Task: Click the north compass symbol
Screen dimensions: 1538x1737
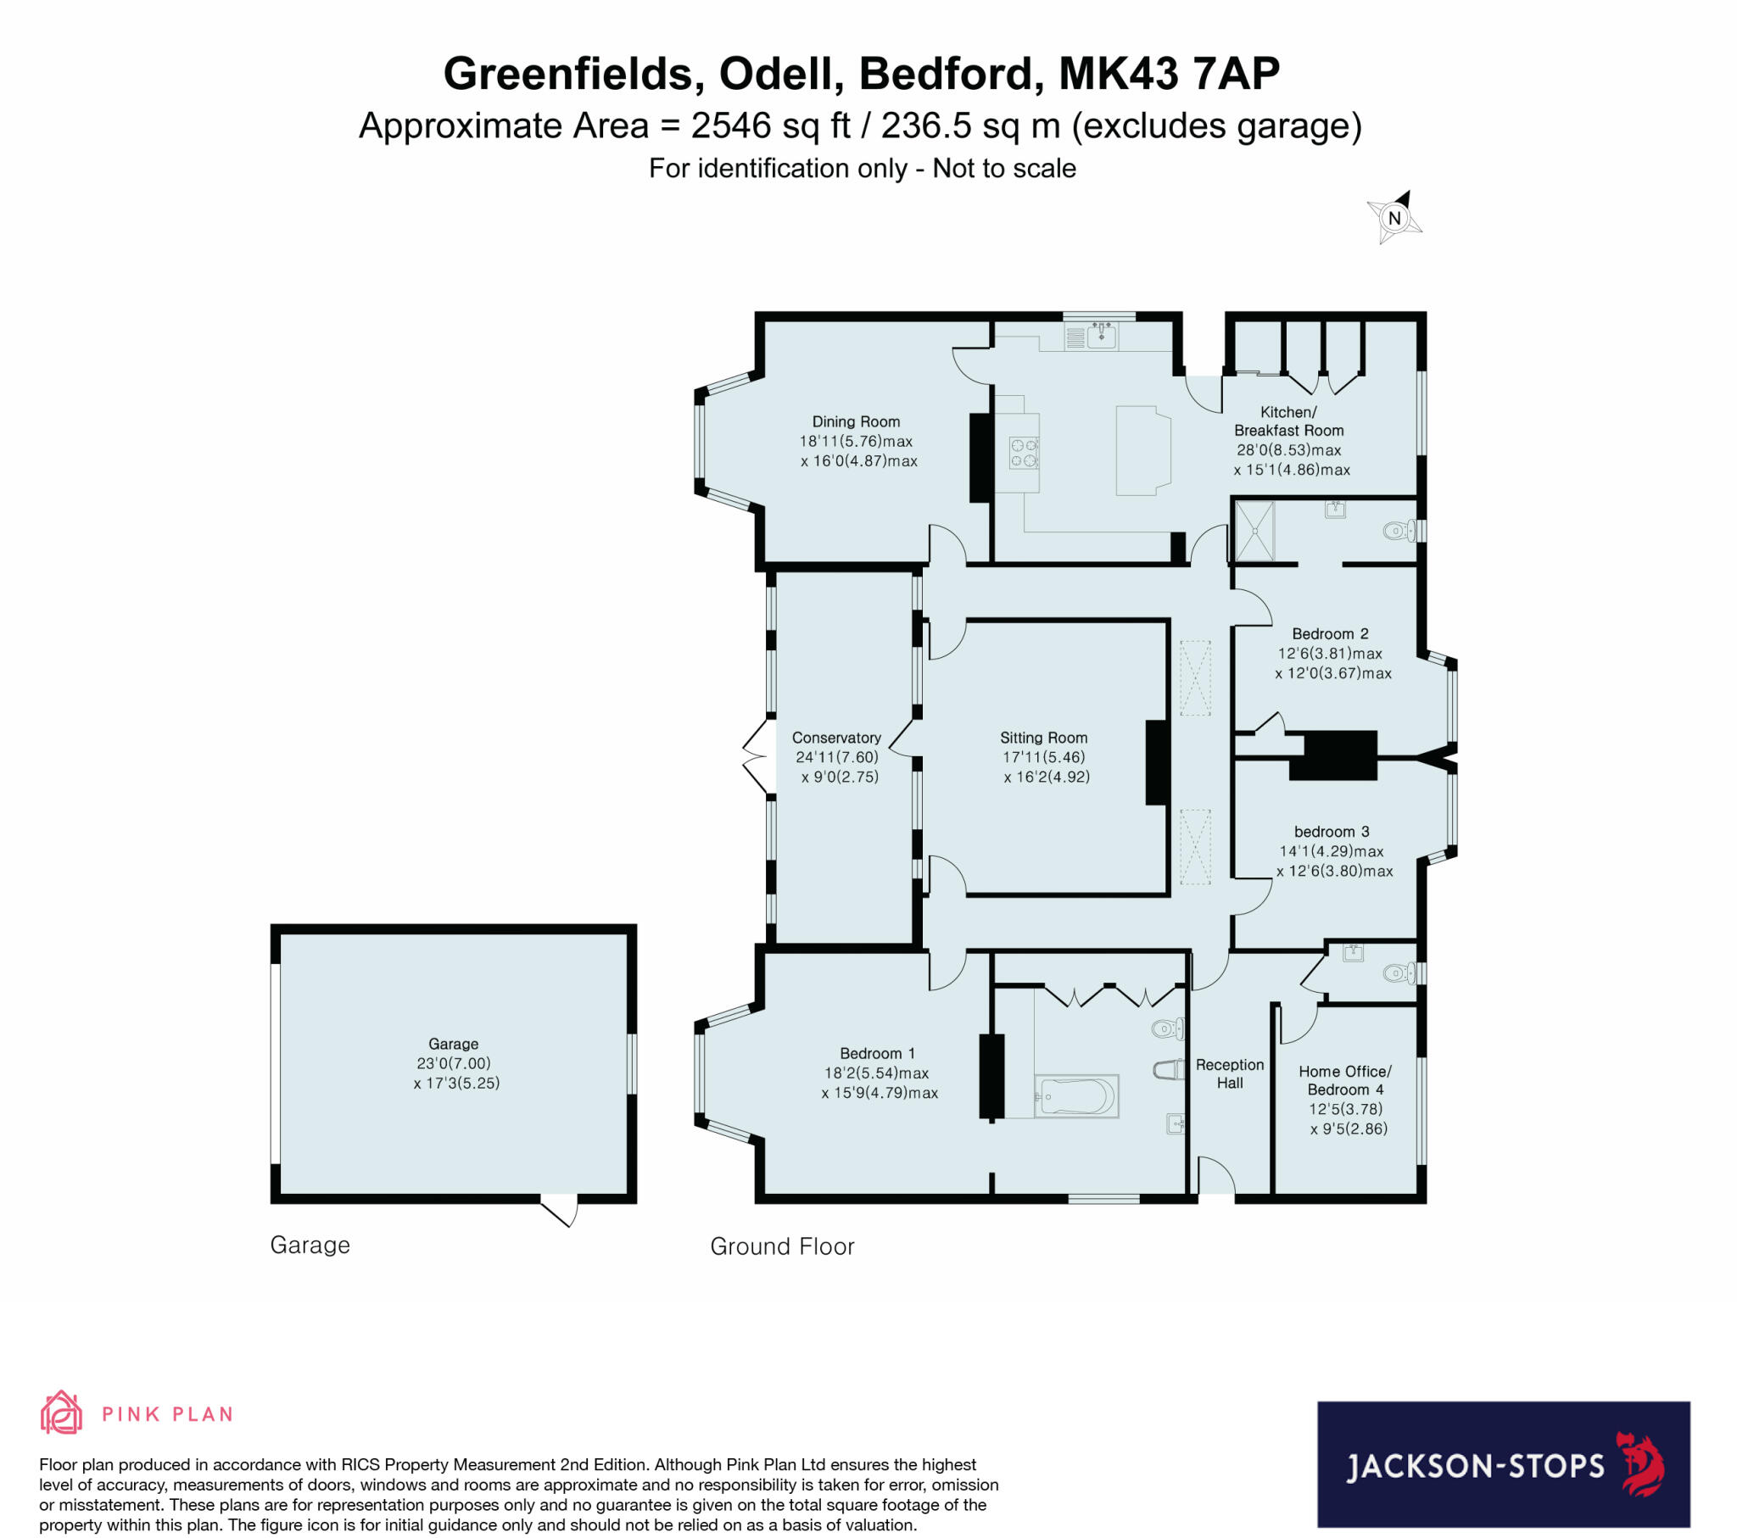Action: (1394, 219)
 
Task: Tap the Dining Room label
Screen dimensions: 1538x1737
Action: (856, 421)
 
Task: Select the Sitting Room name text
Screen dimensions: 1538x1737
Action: (1043, 738)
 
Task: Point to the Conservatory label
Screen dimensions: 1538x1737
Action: (836, 738)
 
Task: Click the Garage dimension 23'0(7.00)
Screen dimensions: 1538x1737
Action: (453, 1063)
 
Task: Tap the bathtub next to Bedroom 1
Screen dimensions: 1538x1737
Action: (1075, 1096)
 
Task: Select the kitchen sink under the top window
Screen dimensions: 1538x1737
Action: (1102, 336)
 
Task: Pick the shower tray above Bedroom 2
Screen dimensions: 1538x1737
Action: (1254, 531)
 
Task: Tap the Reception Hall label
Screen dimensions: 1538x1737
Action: (1229, 1073)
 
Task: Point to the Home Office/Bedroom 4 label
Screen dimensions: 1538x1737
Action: (1345, 1080)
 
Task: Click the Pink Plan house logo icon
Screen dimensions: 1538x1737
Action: (61, 1413)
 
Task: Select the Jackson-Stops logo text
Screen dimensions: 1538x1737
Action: (1474, 1466)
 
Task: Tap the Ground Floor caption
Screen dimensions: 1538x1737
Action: (782, 1246)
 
